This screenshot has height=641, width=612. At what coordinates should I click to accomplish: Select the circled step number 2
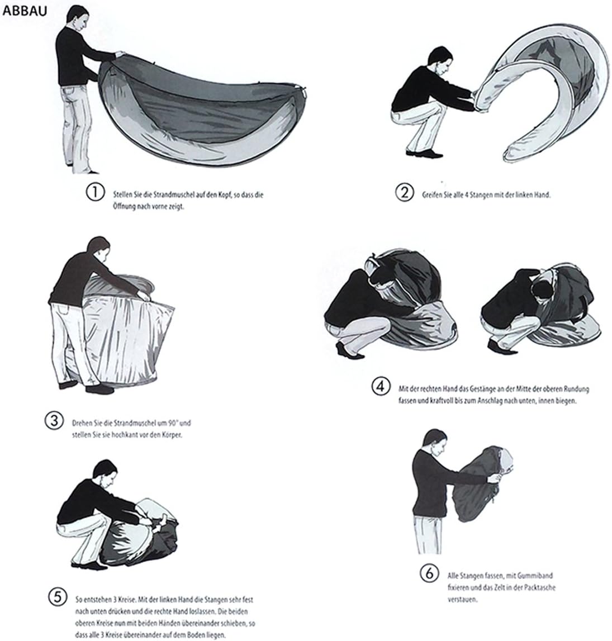pyautogui.click(x=404, y=193)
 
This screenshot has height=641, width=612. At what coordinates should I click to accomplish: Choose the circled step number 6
pyautogui.click(x=426, y=573)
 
